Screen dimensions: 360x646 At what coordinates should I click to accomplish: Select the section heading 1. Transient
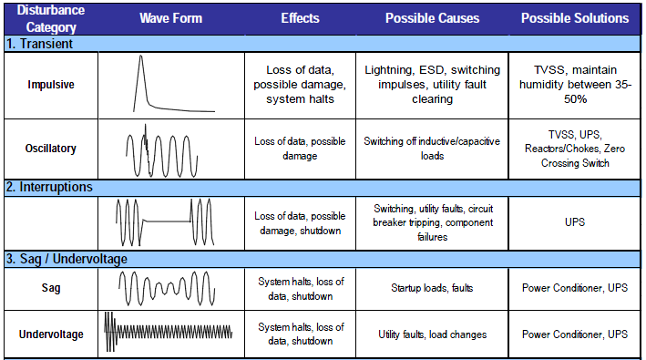point(40,43)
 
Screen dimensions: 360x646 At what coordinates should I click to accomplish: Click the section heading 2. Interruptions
point(49,186)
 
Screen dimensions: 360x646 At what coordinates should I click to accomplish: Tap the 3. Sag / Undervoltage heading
point(68,259)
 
